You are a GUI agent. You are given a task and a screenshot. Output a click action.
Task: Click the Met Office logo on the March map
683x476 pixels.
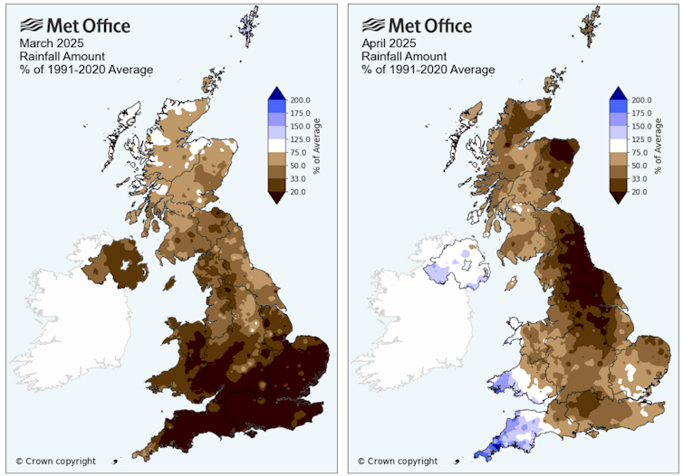(x=74, y=24)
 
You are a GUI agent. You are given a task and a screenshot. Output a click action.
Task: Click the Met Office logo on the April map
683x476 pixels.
(x=416, y=24)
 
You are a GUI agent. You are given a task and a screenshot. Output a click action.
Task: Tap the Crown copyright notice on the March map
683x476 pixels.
(x=55, y=462)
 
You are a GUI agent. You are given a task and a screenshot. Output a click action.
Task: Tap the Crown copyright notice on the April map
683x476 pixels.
(x=397, y=462)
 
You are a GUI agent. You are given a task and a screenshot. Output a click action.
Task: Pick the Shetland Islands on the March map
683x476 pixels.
(x=246, y=27)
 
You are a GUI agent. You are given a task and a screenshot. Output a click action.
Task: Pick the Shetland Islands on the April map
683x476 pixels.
(x=589, y=27)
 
